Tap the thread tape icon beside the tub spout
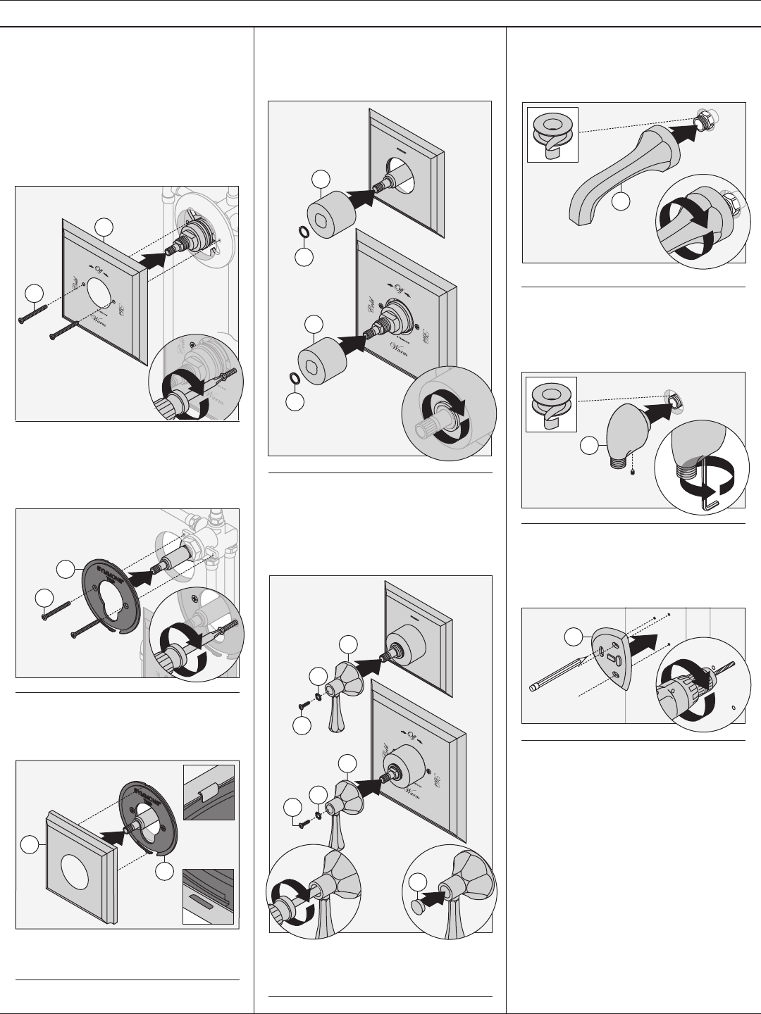(x=552, y=132)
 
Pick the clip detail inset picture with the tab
(x=209, y=792)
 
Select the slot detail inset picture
(x=209, y=895)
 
